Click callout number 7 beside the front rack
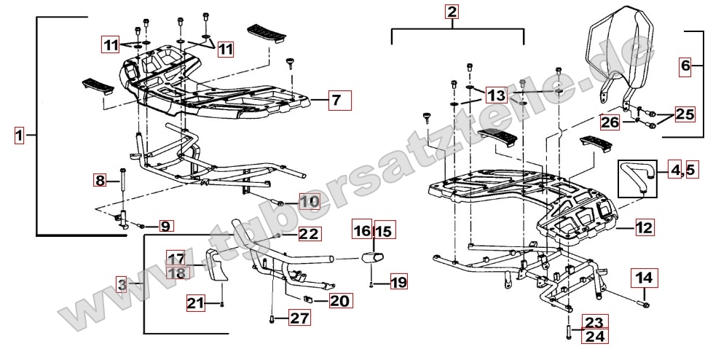tap(335, 100)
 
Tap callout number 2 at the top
tap(453, 12)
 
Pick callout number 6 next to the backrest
tap(685, 66)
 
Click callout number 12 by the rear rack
tap(643, 228)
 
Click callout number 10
tap(309, 201)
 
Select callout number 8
tap(101, 179)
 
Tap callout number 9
tap(166, 226)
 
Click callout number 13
tap(496, 95)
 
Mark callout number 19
tap(398, 281)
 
